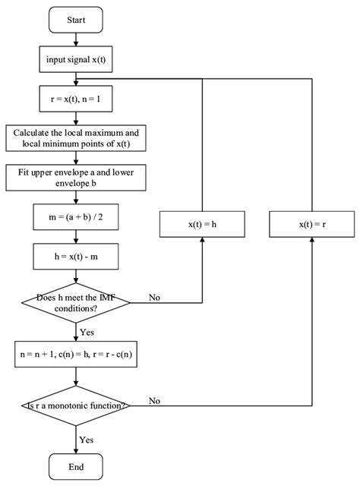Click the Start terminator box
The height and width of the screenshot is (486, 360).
[x=76, y=21]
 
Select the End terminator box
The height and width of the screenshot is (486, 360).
[x=76, y=465]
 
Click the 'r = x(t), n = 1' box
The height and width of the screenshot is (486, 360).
[x=76, y=99]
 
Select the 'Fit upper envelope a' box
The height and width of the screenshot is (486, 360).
[x=76, y=178]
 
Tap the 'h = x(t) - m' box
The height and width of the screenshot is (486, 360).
[x=76, y=257]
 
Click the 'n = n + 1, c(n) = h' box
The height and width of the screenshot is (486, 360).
[x=76, y=354]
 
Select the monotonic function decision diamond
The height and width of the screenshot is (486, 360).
[x=76, y=406]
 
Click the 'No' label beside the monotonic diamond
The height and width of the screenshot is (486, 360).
[x=156, y=400]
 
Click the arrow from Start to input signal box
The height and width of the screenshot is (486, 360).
[x=76, y=40]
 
